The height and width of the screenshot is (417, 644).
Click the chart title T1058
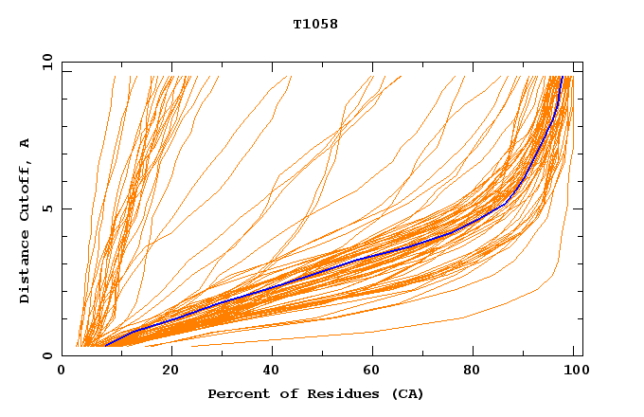(315, 24)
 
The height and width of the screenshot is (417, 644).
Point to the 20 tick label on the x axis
(170, 371)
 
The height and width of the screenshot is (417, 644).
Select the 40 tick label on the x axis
(273, 371)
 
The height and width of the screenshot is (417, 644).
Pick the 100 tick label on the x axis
(572, 371)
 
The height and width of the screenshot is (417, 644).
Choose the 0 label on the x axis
(62, 371)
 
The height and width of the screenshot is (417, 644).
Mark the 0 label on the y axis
(47, 355)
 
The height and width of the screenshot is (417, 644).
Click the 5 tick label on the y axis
(47, 208)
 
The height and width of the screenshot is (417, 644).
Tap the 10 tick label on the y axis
(45, 62)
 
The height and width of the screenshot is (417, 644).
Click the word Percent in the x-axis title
(237, 393)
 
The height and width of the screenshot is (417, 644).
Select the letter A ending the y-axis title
(25, 143)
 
